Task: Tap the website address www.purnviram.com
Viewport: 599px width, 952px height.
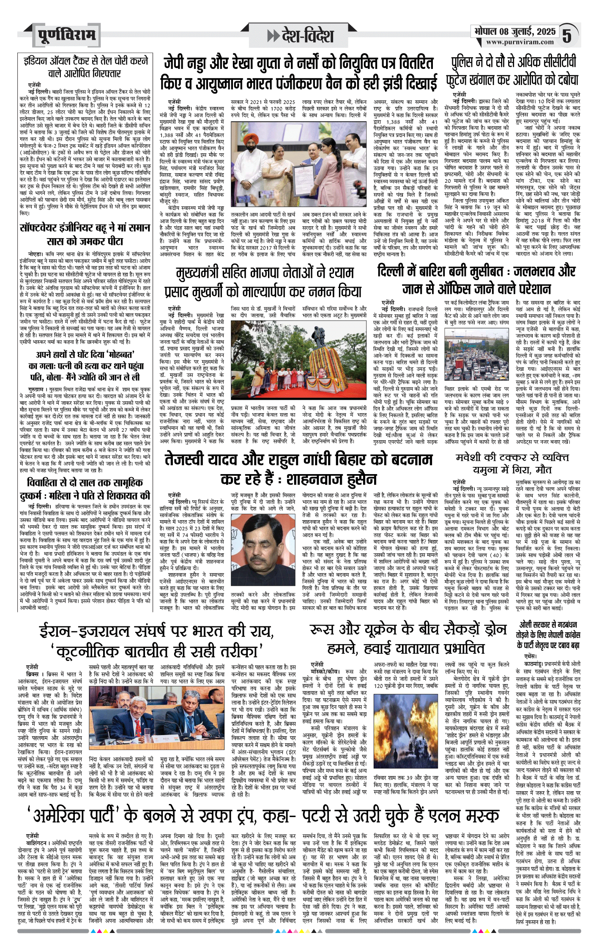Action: tap(520, 42)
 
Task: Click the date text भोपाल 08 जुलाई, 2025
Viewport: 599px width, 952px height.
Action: tap(515, 31)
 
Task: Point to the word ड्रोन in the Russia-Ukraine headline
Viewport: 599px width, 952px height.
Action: tap(492, 629)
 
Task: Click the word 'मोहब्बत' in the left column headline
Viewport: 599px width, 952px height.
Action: tap(115, 354)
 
